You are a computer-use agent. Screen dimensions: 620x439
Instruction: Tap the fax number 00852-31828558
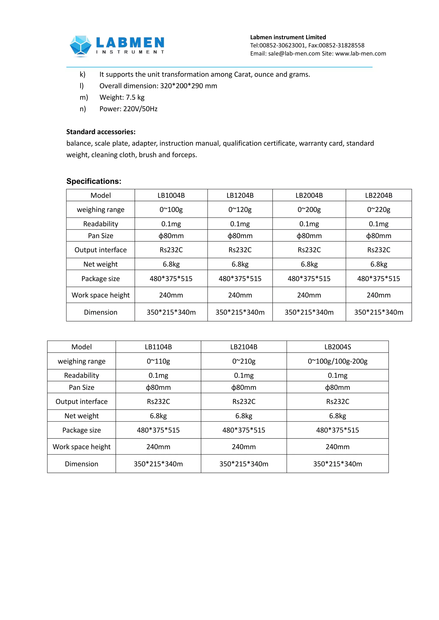(x=341, y=45)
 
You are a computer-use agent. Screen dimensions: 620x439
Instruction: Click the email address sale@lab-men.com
(x=294, y=54)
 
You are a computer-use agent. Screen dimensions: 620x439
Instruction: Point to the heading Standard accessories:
(x=101, y=132)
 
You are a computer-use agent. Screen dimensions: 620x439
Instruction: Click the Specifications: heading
(x=94, y=181)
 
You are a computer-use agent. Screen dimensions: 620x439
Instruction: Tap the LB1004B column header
(x=171, y=195)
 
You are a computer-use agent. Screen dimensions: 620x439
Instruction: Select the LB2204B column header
(x=379, y=195)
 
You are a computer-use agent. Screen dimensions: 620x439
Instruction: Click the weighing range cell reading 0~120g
(x=240, y=210)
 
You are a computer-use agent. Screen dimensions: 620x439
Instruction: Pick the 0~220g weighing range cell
(x=379, y=210)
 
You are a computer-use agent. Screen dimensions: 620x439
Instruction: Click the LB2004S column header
(x=337, y=347)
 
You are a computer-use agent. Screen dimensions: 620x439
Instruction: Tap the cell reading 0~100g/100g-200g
(x=337, y=361)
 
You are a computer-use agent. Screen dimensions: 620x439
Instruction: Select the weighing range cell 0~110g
(x=158, y=361)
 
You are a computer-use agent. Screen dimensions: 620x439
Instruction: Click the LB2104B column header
(x=244, y=347)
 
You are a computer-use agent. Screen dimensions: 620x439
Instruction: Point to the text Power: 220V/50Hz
(x=128, y=109)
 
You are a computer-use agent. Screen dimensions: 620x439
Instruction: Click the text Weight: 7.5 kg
(x=122, y=97)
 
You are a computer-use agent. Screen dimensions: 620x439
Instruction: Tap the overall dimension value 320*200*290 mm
(x=188, y=86)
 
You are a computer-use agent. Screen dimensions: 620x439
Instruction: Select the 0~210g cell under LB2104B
(x=244, y=361)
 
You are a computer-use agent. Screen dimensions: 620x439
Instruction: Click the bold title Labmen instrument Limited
(x=288, y=37)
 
